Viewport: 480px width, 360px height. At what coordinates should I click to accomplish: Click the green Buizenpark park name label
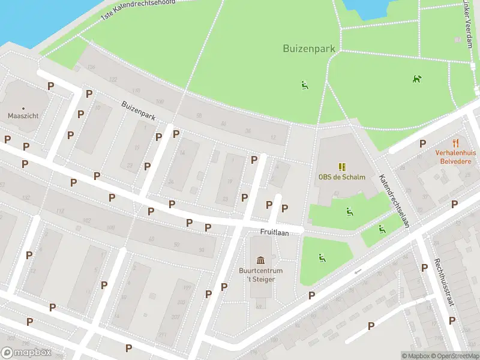[x=308, y=48]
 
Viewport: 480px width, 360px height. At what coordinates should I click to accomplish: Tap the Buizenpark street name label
[x=139, y=111]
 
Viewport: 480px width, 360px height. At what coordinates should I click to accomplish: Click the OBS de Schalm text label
[x=341, y=177]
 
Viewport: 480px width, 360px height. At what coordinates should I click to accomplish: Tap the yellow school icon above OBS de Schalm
[x=341, y=166]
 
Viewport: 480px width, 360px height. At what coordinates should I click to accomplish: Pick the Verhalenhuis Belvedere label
[x=457, y=157]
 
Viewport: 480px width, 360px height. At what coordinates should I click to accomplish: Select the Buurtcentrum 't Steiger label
[x=260, y=275]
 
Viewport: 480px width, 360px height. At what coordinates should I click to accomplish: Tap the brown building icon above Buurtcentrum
[x=260, y=260]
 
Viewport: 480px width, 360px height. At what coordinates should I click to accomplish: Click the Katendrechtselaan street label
[x=394, y=201]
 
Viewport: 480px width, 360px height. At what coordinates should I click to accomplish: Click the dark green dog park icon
[x=416, y=79]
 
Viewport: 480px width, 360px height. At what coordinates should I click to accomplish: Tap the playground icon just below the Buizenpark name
[x=305, y=85]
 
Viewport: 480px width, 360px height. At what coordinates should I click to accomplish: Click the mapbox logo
[x=27, y=352]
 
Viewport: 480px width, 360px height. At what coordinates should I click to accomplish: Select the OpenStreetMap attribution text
[x=455, y=356]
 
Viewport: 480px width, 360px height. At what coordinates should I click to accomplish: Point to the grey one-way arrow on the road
[x=358, y=271]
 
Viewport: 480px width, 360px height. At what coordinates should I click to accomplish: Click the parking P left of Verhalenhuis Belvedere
[x=423, y=143]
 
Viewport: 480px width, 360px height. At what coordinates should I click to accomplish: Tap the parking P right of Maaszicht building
[x=51, y=86]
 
